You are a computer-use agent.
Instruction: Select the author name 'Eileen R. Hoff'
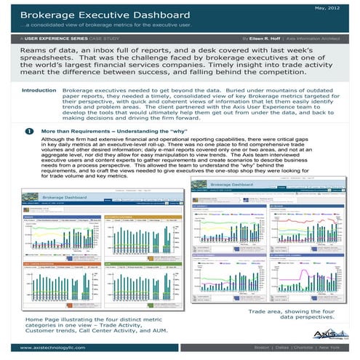click(x=275, y=35)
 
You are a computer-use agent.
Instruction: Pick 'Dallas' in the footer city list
click(x=280, y=347)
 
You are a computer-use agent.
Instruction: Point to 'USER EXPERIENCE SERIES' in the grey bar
click(x=57, y=35)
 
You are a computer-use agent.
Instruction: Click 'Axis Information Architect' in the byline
click(x=324, y=35)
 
